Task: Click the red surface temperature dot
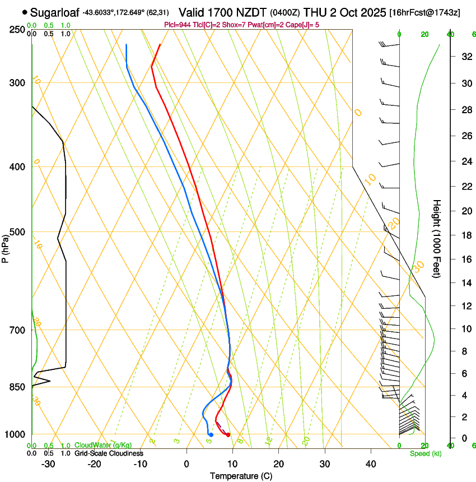228,435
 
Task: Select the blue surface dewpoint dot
211,435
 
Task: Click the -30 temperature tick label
48,464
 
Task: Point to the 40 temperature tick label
370,464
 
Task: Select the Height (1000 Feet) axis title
437,238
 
